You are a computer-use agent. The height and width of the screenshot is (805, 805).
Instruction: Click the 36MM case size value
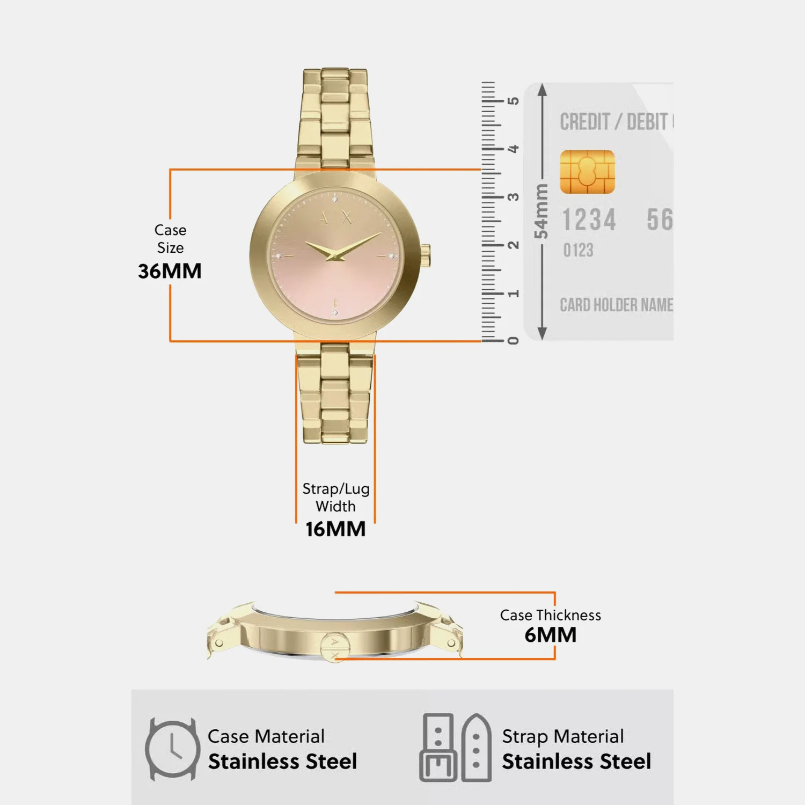pos(170,271)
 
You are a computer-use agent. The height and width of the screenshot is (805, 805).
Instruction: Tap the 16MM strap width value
pos(335,529)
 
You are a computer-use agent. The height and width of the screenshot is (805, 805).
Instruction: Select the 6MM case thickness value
pos(551,635)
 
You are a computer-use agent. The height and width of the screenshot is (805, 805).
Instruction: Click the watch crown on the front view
pos(425,255)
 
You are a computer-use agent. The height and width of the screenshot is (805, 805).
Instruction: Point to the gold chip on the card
pos(587,172)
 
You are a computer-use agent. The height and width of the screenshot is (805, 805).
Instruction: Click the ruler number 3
pos(514,197)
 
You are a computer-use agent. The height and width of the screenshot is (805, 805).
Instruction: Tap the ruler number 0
pos(514,341)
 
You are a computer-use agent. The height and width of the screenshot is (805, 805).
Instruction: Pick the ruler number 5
pos(514,101)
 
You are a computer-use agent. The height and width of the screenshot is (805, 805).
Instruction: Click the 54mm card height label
pos(541,211)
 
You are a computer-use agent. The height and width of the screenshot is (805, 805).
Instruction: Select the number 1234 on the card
pos(589,220)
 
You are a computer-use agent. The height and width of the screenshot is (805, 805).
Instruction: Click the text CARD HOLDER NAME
pos(616,305)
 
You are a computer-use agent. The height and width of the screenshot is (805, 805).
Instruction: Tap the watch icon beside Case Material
pos(172,749)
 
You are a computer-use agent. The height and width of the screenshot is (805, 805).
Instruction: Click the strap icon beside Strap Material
pos(456,748)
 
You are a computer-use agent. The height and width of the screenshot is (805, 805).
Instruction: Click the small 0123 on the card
pos(578,250)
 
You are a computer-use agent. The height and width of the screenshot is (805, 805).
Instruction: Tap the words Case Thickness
pos(551,615)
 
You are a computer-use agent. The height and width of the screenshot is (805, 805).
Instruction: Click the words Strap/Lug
pos(336,489)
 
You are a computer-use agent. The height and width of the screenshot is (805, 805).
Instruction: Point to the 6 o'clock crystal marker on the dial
pos(335,312)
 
